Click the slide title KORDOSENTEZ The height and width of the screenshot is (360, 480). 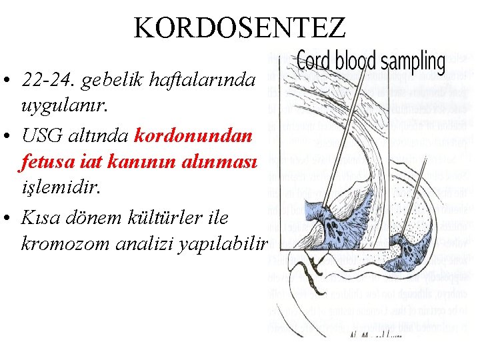click(239, 27)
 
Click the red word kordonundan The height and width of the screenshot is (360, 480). click(193, 136)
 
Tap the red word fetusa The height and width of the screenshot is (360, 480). click(47, 160)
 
